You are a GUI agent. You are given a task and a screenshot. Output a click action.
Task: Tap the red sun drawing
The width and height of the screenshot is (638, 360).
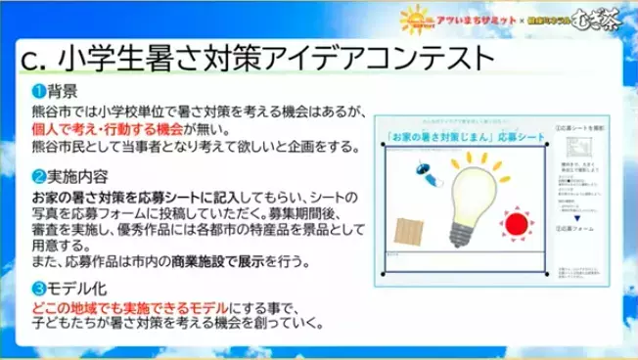click(x=518, y=221)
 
